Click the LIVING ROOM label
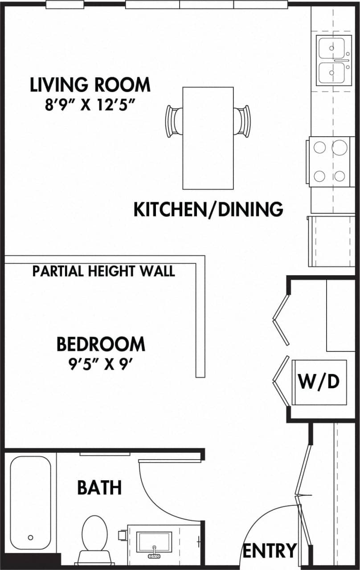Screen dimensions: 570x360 [x=90, y=85]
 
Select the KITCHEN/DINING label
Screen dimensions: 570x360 [x=209, y=209]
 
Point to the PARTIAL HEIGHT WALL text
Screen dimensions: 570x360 [x=103, y=271]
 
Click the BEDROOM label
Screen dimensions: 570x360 [x=101, y=344]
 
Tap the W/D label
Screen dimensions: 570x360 [x=319, y=381]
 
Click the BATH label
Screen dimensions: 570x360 [x=99, y=487]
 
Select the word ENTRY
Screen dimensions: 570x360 [x=269, y=550]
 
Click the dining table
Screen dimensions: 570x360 [x=208, y=138]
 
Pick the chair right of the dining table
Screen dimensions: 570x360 [x=242, y=120]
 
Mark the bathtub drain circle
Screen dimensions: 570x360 [x=30, y=537]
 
